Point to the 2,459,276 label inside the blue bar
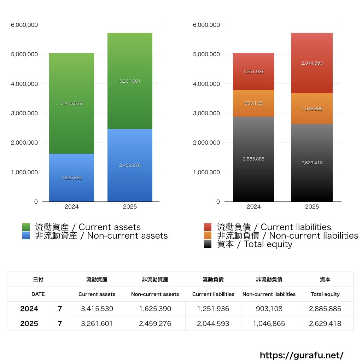(130, 165)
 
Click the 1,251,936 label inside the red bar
(253, 72)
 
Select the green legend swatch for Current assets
(26, 227)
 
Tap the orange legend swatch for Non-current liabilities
(208, 235)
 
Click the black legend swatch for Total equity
(208, 244)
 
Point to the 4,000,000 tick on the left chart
(24, 84)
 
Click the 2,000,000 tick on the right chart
(206, 143)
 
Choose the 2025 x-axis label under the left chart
(130, 207)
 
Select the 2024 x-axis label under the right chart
(253, 207)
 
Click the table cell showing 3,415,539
(97, 309)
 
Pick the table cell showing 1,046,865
(269, 323)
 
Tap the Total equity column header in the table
(325, 294)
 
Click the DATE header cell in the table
(38, 294)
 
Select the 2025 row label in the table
(29, 323)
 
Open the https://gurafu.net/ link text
(302, 355)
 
